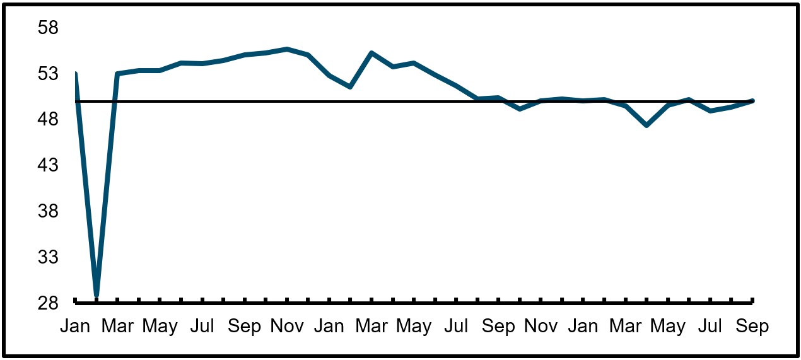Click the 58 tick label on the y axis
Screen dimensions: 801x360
pyautogui.click(x=48, y=28)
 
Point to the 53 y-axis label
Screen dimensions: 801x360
pyautogui.click(x=48, y=74)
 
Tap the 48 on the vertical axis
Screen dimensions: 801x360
pyautogui.click(x=48, y=119)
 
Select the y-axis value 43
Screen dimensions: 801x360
pyautogui.click(x=48, y=165)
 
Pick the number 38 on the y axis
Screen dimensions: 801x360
pyautogui.click(x=48, y=211)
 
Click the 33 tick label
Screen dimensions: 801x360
pyautogui.click(x=48, y=257)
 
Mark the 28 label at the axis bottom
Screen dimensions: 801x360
pyautogui.click(x=48, y=303)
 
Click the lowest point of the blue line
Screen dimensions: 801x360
pyautogui.click(x=96, y=295)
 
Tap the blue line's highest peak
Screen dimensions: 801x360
pyautogui.click(x=287, y=49)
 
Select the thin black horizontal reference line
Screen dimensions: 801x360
pyautogui.click(x=414, y=102)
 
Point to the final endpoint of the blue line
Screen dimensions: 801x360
pyautogui.click(x=752, y=101)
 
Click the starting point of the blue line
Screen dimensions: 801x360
pyautogui.click(x=76, y=73)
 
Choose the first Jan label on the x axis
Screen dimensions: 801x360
pyautogui.click(x=75, y=326)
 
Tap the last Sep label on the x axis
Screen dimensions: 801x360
pyautogui.click(x=752, y=326)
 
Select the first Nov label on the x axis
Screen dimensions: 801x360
pyautogui.click(x=287, y=326)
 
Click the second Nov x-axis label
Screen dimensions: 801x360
pyautogui.click(x=541, y=326)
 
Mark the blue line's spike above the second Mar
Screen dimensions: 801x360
pyautogui.click(x=371, y=53)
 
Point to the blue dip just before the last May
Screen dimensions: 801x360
pyautogui.click(x=646, y=125)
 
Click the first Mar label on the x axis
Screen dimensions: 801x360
pyautogui.click(x=117, y=326)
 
